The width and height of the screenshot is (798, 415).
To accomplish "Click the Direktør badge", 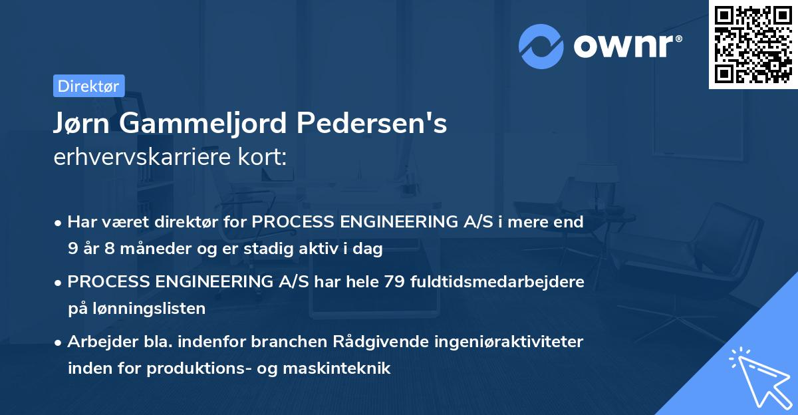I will click(x=88, y=86).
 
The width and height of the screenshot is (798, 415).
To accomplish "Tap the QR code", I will click(x=753, y=44).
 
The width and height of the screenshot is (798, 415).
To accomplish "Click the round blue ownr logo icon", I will click(x=541, y=46).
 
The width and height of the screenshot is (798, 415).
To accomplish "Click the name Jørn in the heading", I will click(x=83, y=123).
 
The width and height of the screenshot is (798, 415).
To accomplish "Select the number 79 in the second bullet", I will click(x=394, y=282).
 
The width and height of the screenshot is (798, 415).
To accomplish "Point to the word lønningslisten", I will click(x=136, y=309).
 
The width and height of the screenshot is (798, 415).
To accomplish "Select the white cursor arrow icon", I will click(x=758, y=376).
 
